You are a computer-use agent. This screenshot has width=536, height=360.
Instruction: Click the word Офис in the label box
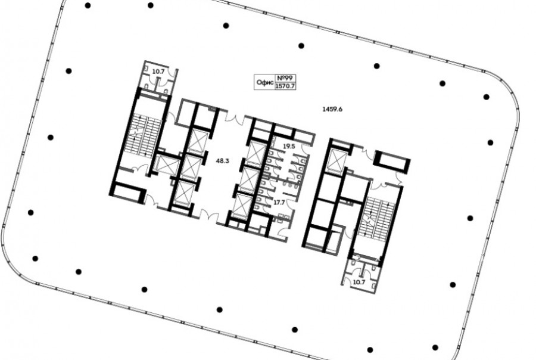pos(265,82)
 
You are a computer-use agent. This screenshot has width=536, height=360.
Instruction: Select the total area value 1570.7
pos(285,86)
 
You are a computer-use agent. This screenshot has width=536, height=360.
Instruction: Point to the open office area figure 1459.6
pos(332,109)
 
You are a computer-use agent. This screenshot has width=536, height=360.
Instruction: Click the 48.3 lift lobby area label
pos(223,160)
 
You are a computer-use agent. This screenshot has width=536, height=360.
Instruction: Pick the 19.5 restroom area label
pos(289,146)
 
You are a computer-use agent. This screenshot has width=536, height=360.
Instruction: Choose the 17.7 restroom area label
pos(279,202)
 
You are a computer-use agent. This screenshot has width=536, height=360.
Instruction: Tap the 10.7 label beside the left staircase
pos(158,72)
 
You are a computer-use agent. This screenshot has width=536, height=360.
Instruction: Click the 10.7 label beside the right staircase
pos(359,282)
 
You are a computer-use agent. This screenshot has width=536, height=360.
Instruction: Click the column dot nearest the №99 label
pos(301,46)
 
